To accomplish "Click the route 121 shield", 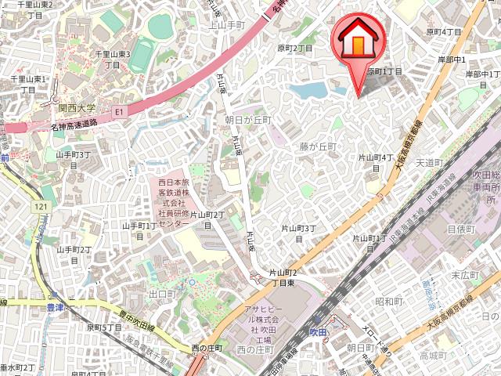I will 42,206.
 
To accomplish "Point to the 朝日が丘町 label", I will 247,120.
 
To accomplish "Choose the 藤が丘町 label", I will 317,146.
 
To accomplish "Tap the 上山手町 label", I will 229,25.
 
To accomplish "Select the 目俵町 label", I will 461,230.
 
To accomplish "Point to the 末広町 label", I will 465,276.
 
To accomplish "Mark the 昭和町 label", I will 388,301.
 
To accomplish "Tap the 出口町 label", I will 162,294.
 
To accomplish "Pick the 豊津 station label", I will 54,308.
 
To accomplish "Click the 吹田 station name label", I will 317,332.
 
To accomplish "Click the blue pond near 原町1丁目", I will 312,90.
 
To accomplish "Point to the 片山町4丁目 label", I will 376,162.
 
